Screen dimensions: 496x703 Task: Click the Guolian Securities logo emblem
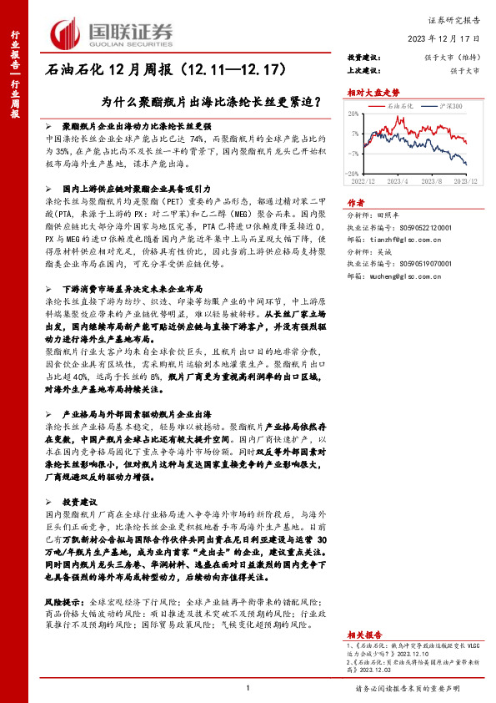[x=66, y=32]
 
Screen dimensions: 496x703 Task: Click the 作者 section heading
[x=356, y=202]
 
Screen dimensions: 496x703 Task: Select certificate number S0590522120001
[x=419, y=225]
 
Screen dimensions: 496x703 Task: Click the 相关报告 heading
[x=362, y=611]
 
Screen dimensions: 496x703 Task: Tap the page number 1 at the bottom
[x=248, y=688]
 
